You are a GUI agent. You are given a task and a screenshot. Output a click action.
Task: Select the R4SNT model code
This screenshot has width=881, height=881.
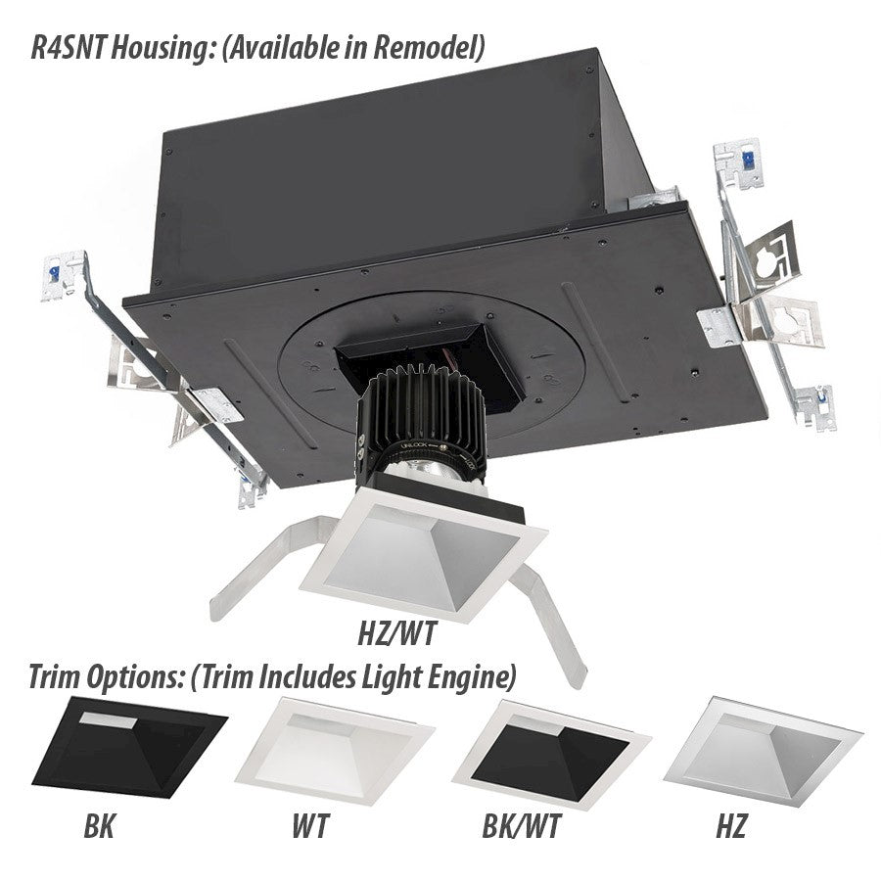pos(68,47)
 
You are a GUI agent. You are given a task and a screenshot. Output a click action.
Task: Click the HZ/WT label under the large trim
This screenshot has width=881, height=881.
pos(397,633)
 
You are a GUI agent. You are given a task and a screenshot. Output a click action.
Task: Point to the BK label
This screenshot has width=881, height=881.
pos(99,826)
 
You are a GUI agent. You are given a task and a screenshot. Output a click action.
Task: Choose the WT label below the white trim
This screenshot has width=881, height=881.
pos(310,826)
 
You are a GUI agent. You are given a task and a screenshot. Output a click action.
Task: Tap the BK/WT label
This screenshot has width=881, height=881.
pos(522,826)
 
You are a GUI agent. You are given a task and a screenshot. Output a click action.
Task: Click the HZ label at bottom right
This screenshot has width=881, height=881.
pos(730,826)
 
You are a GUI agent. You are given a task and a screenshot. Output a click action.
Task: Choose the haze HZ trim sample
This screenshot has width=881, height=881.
pos(763,751)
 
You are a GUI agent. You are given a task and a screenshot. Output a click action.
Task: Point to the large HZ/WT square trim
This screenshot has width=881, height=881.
pos(424,556)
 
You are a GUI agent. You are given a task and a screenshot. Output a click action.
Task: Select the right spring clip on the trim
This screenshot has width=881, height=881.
pos(550,624)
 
